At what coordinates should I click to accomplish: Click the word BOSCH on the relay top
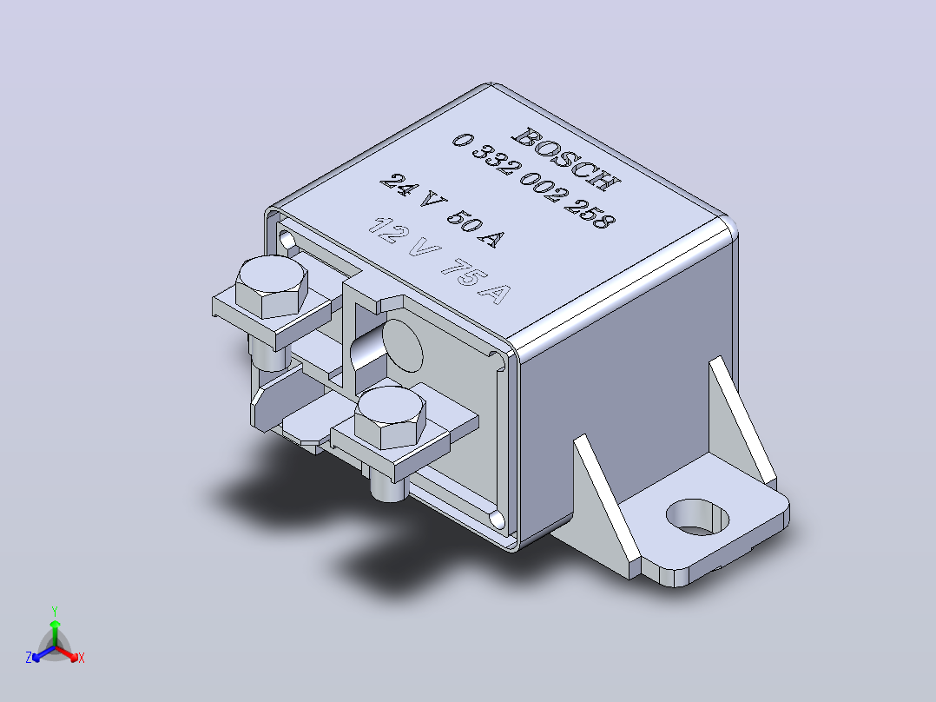click(566, 158)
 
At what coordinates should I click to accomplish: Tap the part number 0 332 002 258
click(533, 181)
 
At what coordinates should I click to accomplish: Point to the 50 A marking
click(475, 229)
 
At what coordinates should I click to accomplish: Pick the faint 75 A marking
click(476, 281)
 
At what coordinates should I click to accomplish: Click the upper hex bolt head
click(272, 287)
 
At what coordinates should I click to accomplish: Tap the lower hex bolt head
click(390, 417)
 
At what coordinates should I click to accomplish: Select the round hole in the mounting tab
click(697, 518)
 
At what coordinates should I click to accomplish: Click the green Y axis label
click(55, 611)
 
